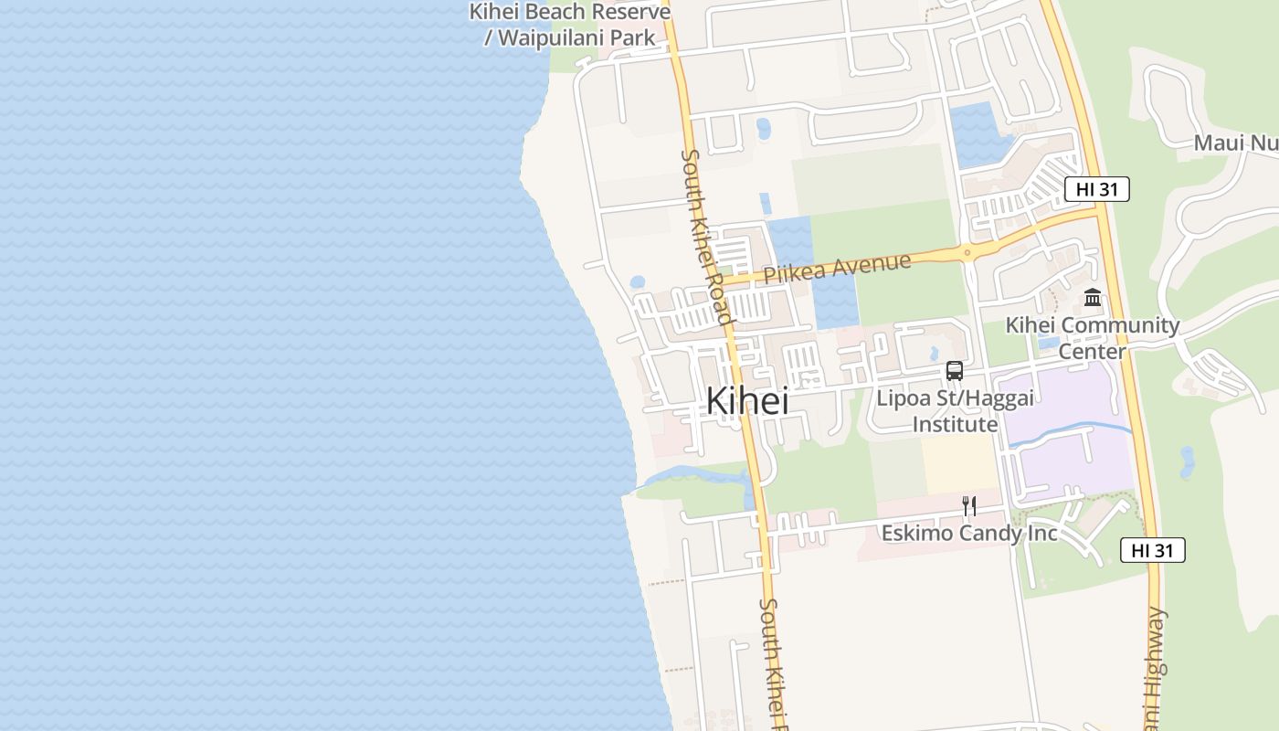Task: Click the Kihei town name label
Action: coord(746,400)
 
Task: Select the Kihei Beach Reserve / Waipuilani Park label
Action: coord(570,25)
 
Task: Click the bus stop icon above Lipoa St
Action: coord(955,371)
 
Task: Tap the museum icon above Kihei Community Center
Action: coord(1092,297)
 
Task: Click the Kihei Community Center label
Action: coord(1092,337)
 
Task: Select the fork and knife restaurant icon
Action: coord(969,505)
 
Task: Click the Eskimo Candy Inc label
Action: coord(969,533)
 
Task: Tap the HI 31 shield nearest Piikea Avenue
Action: coord(1096,189)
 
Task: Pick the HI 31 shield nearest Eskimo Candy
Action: coord(1152,550)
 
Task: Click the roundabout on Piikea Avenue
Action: coord(967,252)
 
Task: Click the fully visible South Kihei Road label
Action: coord(706,237)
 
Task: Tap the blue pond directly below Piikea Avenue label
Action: coord(835,301)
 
